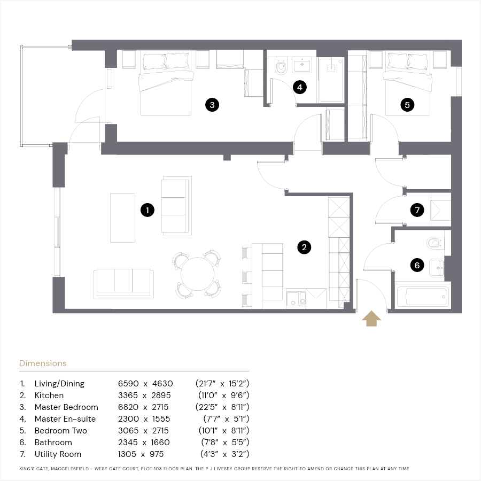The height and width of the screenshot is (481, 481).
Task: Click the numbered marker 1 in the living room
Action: pyautogui.click(x=148, y=210)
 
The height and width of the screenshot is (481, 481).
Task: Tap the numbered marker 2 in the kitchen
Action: pyautogui.click(x=304, y=247)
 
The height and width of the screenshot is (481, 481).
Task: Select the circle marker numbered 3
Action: pyautogui.click(x=212, y=105)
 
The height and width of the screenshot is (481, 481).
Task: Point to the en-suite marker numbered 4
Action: pyautogui.click(x=300, y=88)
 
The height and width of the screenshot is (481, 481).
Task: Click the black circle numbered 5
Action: pyautogui.click(x=407, y=105)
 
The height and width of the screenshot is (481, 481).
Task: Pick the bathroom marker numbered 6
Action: pyautogui.click(x=417, y=265)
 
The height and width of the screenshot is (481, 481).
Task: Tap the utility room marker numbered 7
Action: pyautogui.click(x=417, y=210)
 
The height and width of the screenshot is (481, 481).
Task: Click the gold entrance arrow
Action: pyautogui.click(x=371, y=319)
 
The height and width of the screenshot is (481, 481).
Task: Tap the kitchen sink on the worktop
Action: pyautogui.click(x=296, y=299)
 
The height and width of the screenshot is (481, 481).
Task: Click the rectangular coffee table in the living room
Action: pyautogui.click(x=123, y=218)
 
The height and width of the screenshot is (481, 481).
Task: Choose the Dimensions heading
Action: pyautogui.click(x=43, y=363)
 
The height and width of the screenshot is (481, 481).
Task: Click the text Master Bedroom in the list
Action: pyautogui.click(x=66, y=407)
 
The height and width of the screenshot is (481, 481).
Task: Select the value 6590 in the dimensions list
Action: pyautogui.click(x=128, y=383)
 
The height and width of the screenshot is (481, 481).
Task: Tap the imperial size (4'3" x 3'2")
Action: pyautogui.click(x=224, y=454)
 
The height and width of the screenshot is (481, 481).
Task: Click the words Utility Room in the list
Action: pyautogui.click(x=58, y=454)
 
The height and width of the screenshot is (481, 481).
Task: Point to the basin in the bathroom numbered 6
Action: pyautogui.click(x=437, y=268)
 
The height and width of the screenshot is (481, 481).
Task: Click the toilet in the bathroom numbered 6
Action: pyautogui.click(x=435, y=243)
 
